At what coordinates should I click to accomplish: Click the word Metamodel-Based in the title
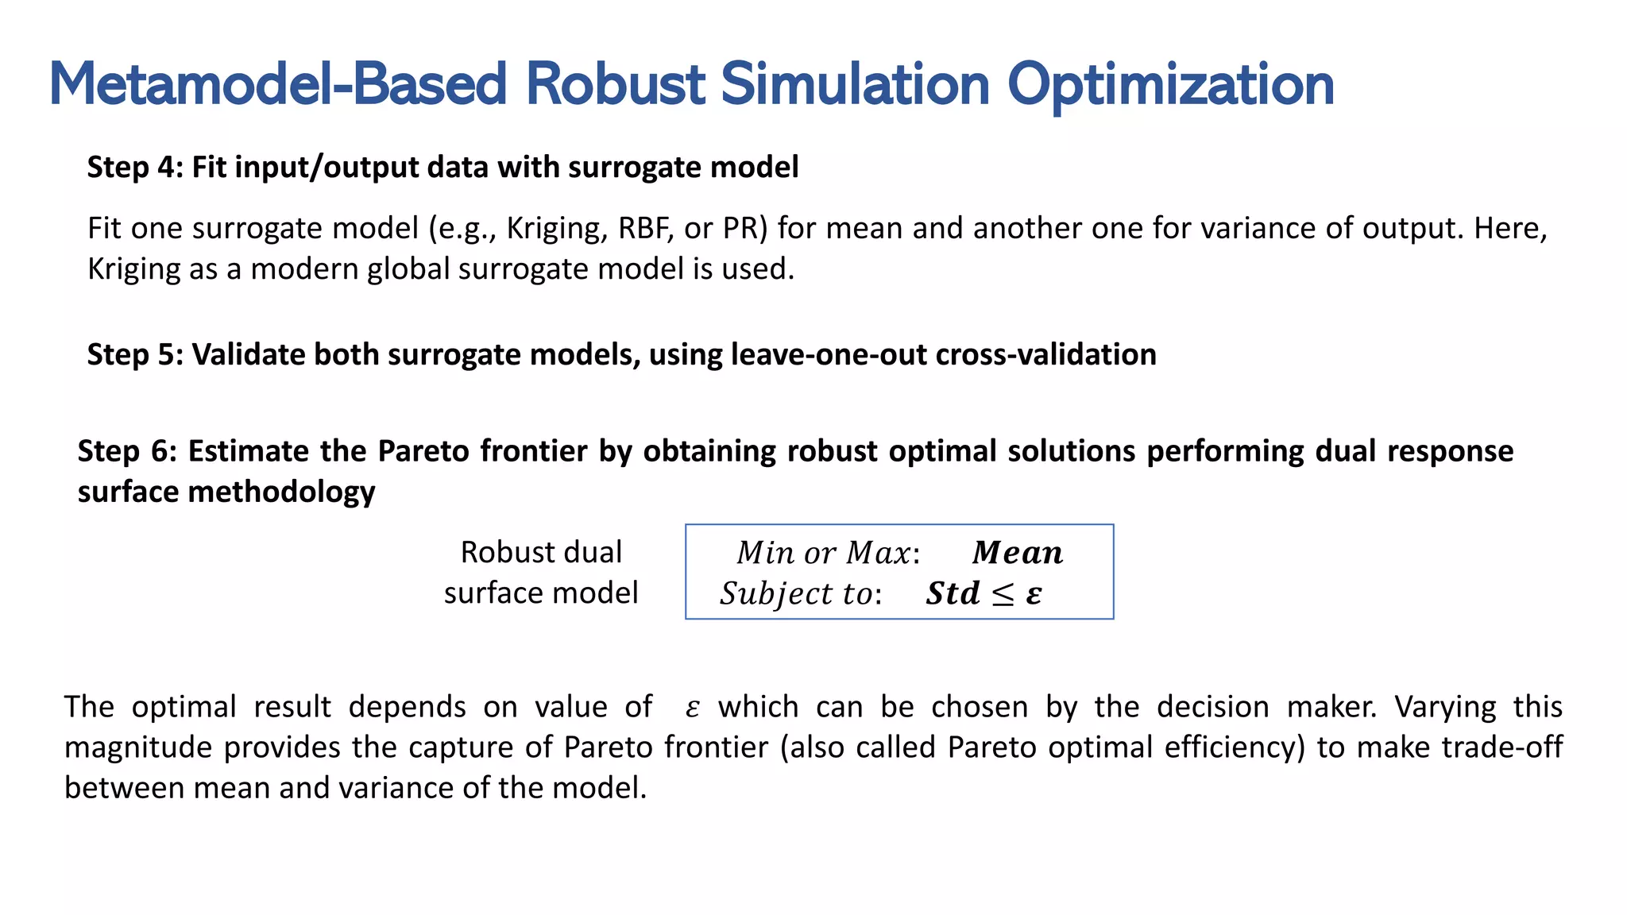pyautogui.click(x=276, y=84)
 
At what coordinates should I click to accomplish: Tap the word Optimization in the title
pyautogui.click(x=1170, y=84)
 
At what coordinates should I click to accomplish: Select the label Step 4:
pyautogui.click(x=134, y=168)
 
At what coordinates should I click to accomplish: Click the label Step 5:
pyautogui.click(x=134, y=354)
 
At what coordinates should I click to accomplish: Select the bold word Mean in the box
pyautogui.click(x=1017, y=553)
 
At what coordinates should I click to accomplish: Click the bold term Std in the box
pyautogui.click(x=953, y=594)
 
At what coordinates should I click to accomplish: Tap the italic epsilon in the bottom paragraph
pyautogui.click(x=692, y=708)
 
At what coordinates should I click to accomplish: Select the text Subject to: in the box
pyautogui.click(x=800, y=594)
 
